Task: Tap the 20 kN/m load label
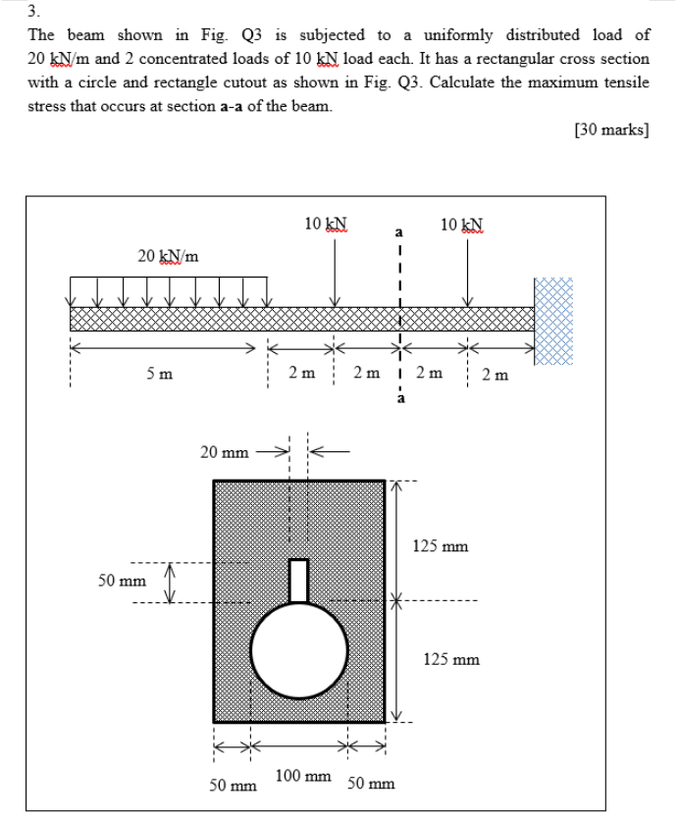click(x=167, y=256)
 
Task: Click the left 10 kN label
click(x=325, y=225)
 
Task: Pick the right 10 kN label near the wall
click(x=461, y=225)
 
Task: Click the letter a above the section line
click(x=398, y=232)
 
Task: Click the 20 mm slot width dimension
click(x=224, y=452)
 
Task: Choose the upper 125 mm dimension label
click(x=440, y=544)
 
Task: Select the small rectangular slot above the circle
click(x=299, y=579)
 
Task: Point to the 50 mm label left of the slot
click(x=121, y=582)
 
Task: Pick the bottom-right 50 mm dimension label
click(x=372, y=784)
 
